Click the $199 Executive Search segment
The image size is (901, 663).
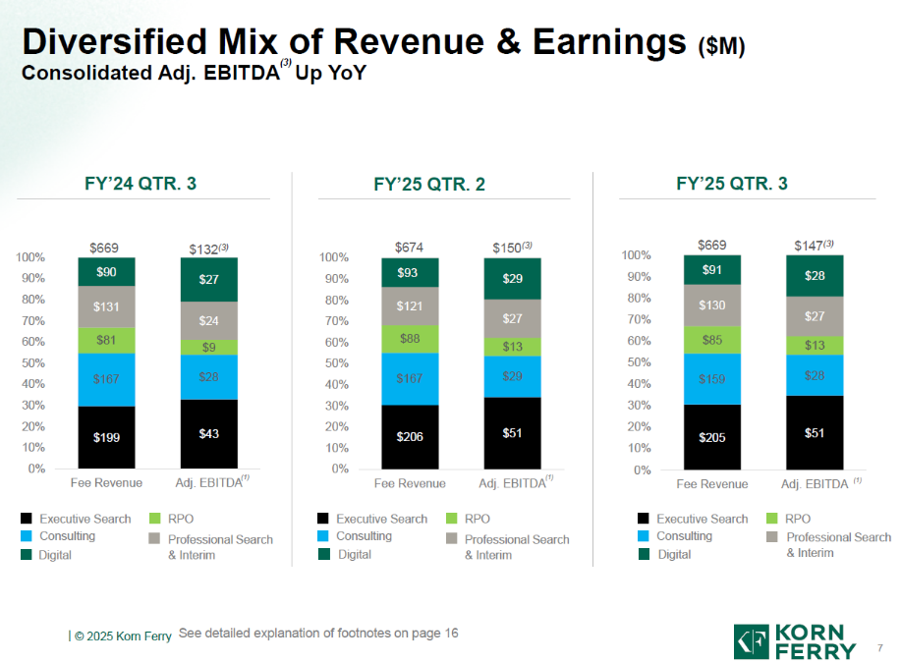(x=107, y=437)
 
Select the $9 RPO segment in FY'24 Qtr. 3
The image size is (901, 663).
(x=209, y=347)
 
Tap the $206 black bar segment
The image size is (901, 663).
(x=410, y=436)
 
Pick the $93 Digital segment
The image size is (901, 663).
(x=410, y=272)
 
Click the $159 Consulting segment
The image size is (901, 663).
(x=712, y=378)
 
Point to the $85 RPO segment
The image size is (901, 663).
(x=712, y=340)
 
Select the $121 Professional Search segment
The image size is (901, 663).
(x=410, y=306)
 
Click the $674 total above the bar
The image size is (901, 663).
(x=409, y=247)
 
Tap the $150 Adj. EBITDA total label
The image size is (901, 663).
(x=511, y=248)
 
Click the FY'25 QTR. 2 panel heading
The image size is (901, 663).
(x=429, y=185)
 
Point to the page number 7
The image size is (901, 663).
(x=879, y=646)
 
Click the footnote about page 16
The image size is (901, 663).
(x=318, y=634)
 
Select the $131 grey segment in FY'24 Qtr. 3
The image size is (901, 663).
(x=107, y=306)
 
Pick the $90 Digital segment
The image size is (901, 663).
(x=107, y=272)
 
